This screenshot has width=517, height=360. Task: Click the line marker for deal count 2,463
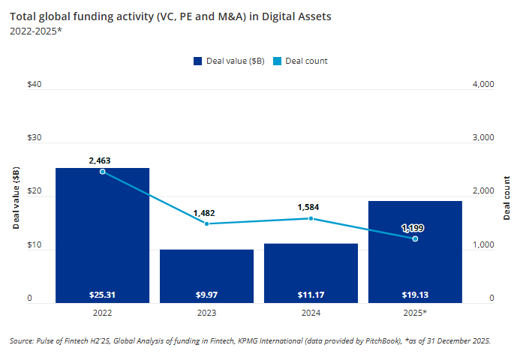point(103,172)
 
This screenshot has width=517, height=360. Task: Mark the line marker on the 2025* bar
point(415,238)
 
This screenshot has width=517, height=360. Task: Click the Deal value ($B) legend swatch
point(198,61)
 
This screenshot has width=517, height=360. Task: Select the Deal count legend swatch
point(278,61)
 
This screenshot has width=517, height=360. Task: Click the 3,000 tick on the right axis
point(482,139)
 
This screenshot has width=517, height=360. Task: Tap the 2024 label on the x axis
point(311,312)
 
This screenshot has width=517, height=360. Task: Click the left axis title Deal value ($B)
point(17,198)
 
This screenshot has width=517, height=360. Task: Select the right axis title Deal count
point(506,198)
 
